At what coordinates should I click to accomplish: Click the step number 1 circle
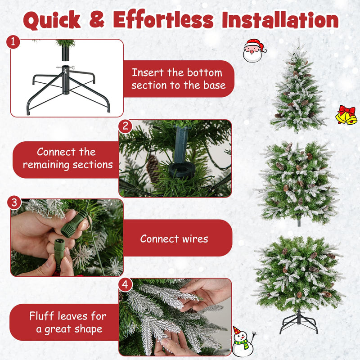pos(14,42)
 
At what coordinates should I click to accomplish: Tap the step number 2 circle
pos(125,126)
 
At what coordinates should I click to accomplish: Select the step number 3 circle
pos(14,202)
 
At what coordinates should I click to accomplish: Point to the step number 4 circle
pos(125,284)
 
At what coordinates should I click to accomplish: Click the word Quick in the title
pos(52,20)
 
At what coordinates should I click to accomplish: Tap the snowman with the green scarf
pos(243,342)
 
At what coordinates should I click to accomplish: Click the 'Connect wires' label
pos(174,238)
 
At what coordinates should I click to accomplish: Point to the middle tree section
pos(297,182)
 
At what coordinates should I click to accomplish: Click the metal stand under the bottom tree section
pos(298,322)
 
